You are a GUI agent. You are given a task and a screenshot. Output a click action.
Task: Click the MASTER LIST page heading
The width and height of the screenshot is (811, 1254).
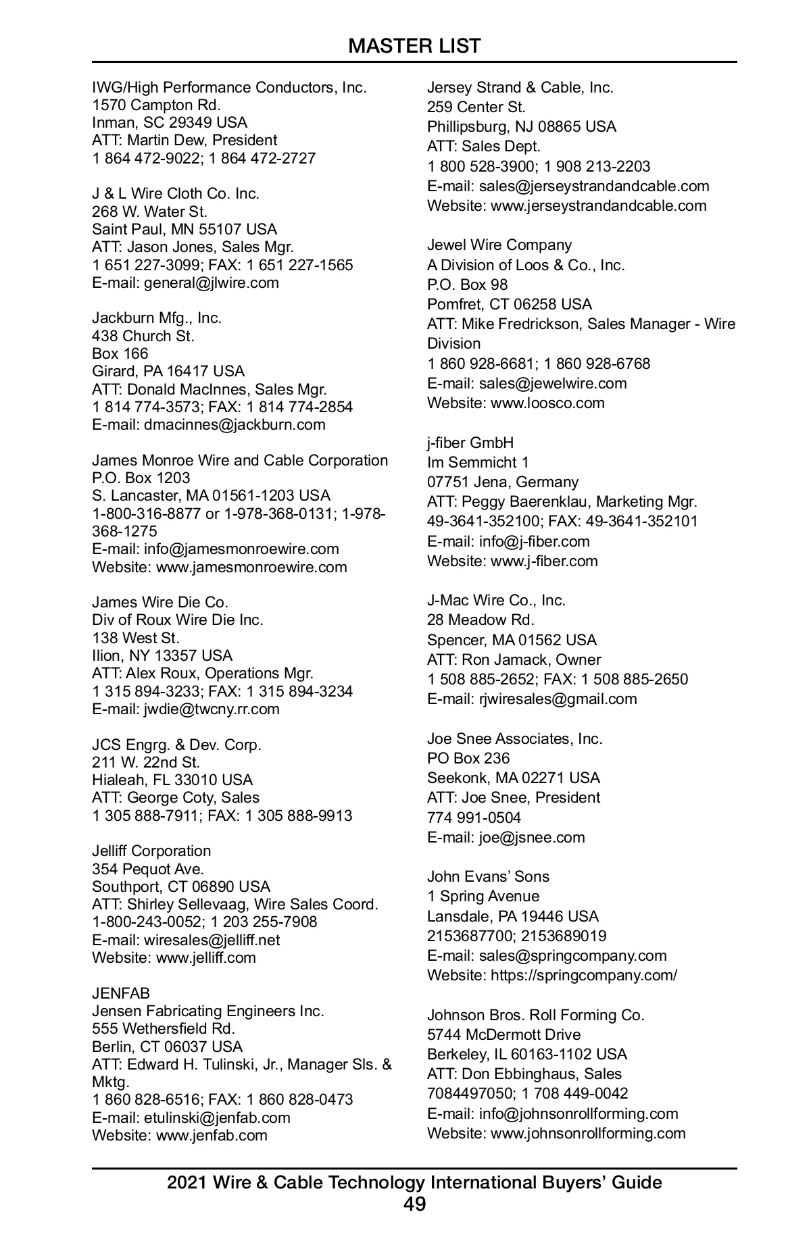click(x=414, y=46)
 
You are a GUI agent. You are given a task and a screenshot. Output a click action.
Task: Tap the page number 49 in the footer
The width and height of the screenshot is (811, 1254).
click(x=414, y=1204)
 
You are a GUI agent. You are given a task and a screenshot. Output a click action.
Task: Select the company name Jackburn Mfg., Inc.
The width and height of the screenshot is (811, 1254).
click(x=157, y=318)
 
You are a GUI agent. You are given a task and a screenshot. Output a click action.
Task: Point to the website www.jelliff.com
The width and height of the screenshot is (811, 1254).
click(x=206, y=957)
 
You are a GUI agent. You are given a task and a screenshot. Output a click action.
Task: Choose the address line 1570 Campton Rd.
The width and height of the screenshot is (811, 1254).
click(x=156, y=105)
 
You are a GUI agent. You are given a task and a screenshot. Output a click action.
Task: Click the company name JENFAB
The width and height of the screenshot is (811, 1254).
click(x=121, y=993)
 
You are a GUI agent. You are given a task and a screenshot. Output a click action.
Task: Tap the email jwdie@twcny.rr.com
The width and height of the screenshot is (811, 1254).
click(x=212, y=709)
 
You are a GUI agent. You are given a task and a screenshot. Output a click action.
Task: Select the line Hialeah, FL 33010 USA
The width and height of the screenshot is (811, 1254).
click(x=172, y=780)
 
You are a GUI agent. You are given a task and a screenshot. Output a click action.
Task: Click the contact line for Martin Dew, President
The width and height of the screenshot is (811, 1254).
click(x=185, y=140)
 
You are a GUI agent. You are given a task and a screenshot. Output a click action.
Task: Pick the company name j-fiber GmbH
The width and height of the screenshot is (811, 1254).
click(x=470, y=443)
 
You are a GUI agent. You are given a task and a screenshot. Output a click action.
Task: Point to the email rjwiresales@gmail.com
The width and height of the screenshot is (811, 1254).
click(x=558, y=699)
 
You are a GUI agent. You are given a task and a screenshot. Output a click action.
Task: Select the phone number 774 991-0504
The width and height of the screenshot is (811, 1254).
click(x=474, y=818)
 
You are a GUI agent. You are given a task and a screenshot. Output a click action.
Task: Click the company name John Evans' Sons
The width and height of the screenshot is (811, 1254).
click(x=488, y=876)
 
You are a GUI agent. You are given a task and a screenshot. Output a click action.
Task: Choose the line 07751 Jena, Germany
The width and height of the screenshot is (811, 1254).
click(x=503, y=482)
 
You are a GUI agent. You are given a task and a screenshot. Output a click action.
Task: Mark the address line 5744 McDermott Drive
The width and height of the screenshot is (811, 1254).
click(x=503, y=1034)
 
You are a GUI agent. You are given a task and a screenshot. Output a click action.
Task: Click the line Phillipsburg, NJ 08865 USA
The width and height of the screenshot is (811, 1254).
click(x=521, y=126)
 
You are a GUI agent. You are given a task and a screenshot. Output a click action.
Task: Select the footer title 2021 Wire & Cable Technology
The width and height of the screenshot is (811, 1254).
click(x=414, y=1182)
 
